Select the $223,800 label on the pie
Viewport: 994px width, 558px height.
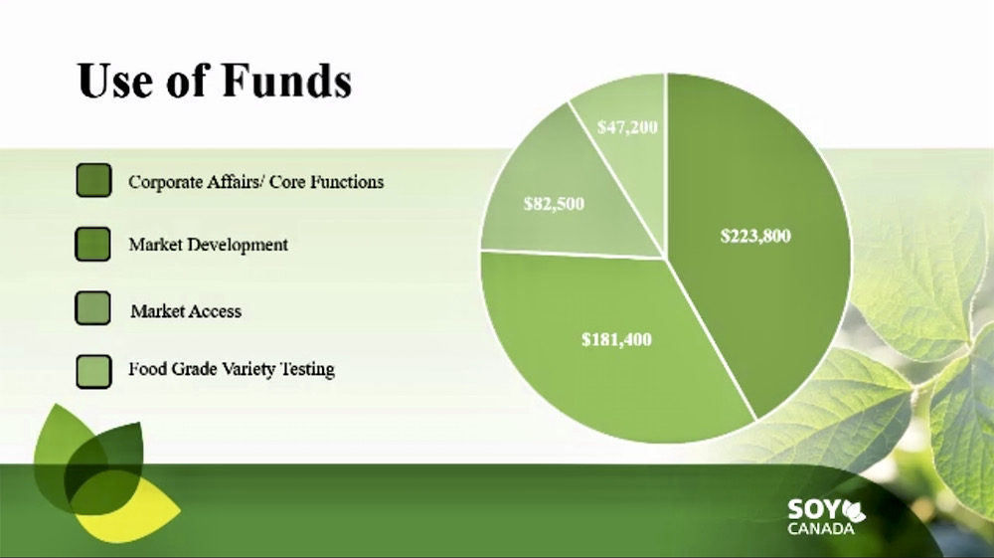pyautogui.click(x=755, y=236)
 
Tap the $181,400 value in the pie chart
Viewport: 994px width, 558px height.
pyautogui.click(x=617, y=339)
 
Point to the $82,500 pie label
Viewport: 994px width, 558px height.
pyautogui.click(x=554, y=204)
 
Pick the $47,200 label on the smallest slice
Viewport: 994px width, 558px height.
pyautogui.click(x=627, y=127)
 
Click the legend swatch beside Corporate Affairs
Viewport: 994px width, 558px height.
pyautogui.click(x=93, y=180)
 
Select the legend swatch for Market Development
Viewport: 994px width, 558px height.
pyautogui.click(x=92, y=244)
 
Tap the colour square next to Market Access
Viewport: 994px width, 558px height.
pyautogui.click(x=92, y=308)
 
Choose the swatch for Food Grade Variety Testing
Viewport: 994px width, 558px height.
pyautogui.click(x=93, y=372)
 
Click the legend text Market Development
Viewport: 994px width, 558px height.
pyautogui.click(x=209, y=245)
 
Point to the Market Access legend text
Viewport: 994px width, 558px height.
pyautogui.click(x=186, y=311)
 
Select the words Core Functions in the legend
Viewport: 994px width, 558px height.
pyautogui.click(x=326, y=182)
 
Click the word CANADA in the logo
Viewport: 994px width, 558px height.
pyautogui.click(x=821, y=528)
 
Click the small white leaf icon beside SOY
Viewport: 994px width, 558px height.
pyautogui.click(x=854, y=509)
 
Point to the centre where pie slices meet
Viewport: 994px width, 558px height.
pyautogui.click(x=665, y=258)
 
